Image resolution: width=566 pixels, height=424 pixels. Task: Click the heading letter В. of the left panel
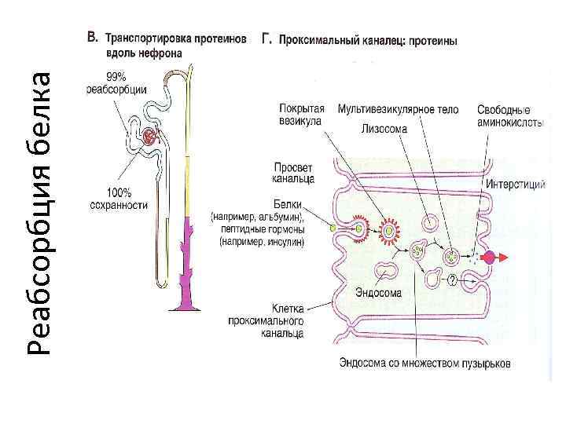[91, 37]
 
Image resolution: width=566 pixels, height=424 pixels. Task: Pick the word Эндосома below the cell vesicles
[378, 293]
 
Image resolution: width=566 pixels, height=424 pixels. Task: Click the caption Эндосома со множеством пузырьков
[424, 364]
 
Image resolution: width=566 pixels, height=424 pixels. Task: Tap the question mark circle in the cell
[452, 280]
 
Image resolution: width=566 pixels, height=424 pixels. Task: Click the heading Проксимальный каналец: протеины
[369, 38]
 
